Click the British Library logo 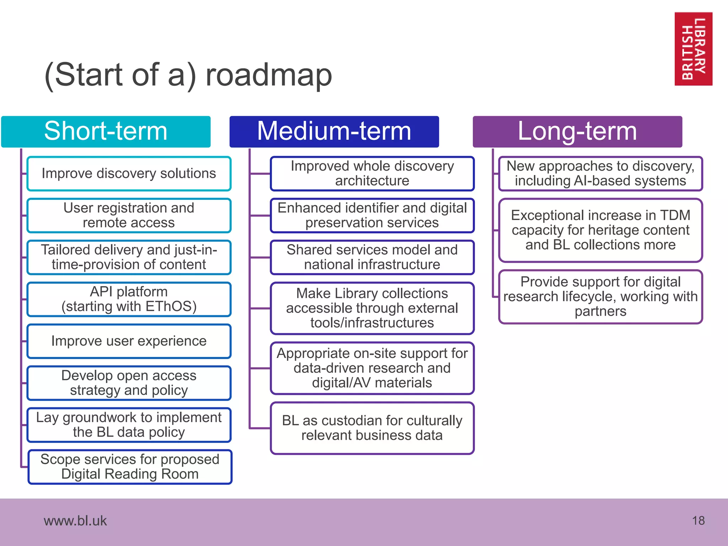click(693, 49)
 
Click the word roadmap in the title click(269, 75)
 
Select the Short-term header click(106, 132)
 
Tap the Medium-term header click(334, 132)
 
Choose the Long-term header click(577, 132)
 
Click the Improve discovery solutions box click(129, 173)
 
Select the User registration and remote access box click(129, 215)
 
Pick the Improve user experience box click(129, 341)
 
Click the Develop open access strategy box click(129, 383)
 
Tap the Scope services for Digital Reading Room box click(130, 467)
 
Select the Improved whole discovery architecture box click(372, 173)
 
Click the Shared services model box click(372, 257)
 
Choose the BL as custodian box click(372, 428)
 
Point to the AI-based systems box click(600, 173)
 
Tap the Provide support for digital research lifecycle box click(600, 296)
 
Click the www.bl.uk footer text click(75, 521)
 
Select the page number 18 click(698, 521)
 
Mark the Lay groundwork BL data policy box click(129, 425)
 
